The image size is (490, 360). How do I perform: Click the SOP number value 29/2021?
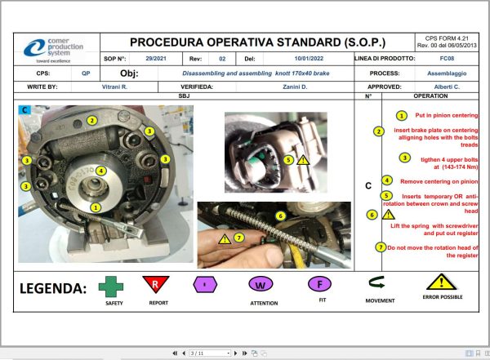pos(155,59)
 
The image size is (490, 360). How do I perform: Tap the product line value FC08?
pos(446,59)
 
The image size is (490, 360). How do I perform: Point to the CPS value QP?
pos(86,73)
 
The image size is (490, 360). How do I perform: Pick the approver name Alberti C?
pos(445,86)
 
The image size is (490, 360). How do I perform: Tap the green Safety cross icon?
pos(112,287)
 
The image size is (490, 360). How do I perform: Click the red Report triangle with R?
pos(155,284)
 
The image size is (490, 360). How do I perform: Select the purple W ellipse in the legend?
pos(260,286)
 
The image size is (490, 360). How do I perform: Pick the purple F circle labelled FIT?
pos(319,284)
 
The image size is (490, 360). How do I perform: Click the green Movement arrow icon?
pos(377,284)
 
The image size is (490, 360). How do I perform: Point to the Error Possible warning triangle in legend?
pos(441,282)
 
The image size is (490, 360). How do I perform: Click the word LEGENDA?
pos(53,288)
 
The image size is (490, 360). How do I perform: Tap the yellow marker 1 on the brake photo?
pos(97,207)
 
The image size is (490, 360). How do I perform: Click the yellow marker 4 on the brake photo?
pos(100,171)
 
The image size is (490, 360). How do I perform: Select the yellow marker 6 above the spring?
pos(280,216)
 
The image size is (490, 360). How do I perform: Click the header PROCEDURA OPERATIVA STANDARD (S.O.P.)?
pos(257,42)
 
